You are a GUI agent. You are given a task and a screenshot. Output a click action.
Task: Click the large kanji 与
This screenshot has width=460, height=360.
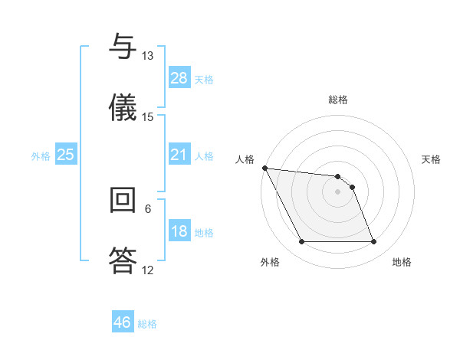pyautogui.click(x=123, y=47)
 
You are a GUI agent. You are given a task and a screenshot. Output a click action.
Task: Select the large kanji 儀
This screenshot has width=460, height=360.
pyautogui.click(x=123, y=107)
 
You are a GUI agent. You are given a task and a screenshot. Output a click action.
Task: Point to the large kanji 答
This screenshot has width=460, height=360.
pyautogui.click(x=123, y=260)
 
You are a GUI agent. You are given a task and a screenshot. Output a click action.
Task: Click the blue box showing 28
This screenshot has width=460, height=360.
pyautogui.click(x=179, y=78)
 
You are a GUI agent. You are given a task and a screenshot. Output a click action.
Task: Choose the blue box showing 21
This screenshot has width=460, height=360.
pyautogui.click(x=179, y=155)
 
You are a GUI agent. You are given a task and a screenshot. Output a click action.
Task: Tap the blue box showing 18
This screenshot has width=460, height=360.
pyautogui.click(x=179, y=232)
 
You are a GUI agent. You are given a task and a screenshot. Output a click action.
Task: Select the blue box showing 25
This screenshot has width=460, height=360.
pyautogui.click(x=65, y=155)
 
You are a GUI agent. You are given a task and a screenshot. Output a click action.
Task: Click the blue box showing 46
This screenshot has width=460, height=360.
pyautogui.click(x=123, y=322)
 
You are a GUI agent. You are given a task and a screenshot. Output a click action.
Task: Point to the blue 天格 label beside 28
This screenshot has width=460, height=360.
pyautogui.click(x=204, y=79)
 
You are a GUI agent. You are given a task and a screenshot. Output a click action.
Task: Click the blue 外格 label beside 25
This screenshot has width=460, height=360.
pyautogui.click(x=41, y=155)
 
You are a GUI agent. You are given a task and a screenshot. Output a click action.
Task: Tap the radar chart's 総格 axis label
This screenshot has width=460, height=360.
pyautogui.click(x=338, y=100)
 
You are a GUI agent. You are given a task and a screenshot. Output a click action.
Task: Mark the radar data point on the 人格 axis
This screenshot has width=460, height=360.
pyautogui.click(x=264, y=168)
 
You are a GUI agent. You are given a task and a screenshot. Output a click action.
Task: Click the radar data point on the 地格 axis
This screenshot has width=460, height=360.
pyautogui.click(x=373, y=242)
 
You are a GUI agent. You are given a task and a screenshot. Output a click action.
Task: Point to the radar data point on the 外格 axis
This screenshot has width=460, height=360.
pyautogui.click(x=301, y=242)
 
